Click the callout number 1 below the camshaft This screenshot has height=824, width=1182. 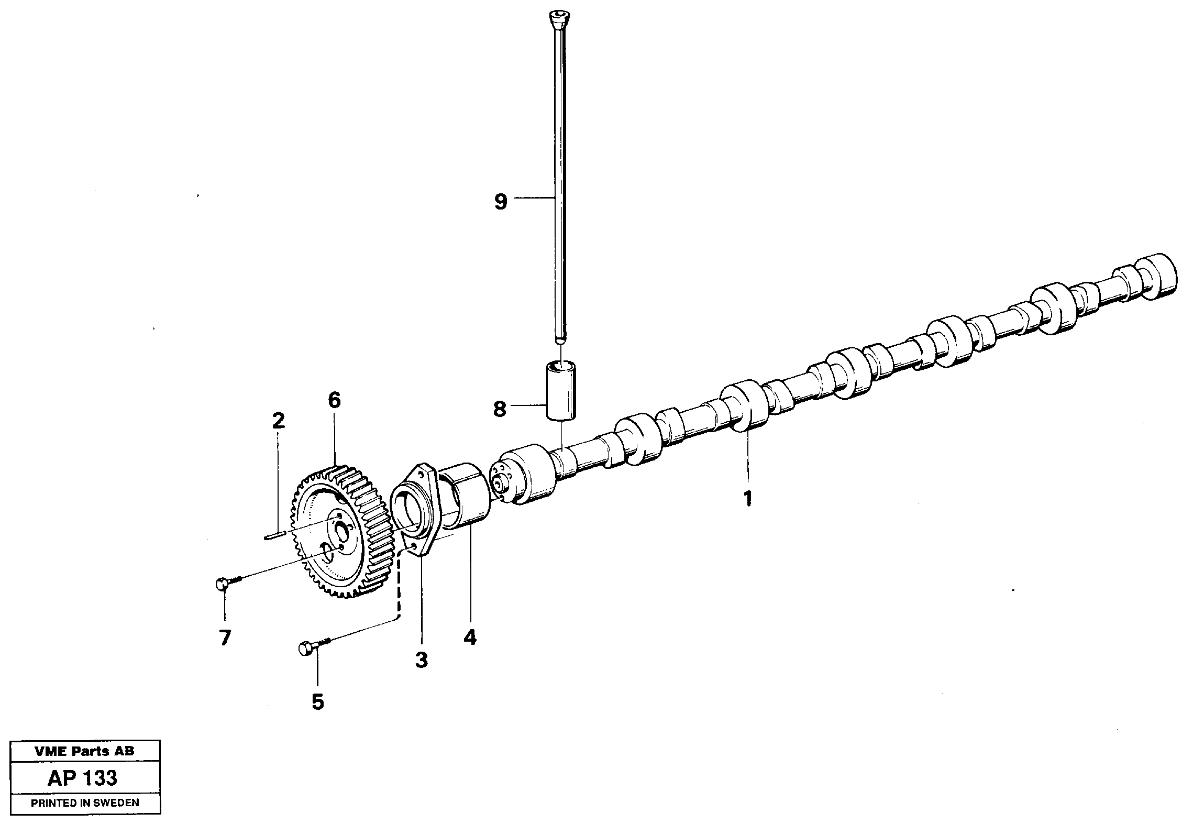[748, 498]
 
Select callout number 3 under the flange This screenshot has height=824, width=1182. [422, 660]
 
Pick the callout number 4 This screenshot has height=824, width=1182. [470, 637]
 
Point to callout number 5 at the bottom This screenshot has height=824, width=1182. [317, 702]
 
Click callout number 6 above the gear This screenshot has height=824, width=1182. [334, 401]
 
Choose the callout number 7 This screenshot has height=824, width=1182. [225, 638]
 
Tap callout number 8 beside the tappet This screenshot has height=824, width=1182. [500, 409]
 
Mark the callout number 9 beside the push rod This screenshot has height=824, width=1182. [501, 201]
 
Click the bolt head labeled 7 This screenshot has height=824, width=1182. [222, 583]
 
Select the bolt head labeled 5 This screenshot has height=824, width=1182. [305, 649]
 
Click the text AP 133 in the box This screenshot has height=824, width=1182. [82, 778]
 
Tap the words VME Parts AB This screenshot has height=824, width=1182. [84, 751]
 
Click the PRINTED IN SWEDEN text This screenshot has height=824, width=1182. [84, 803]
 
